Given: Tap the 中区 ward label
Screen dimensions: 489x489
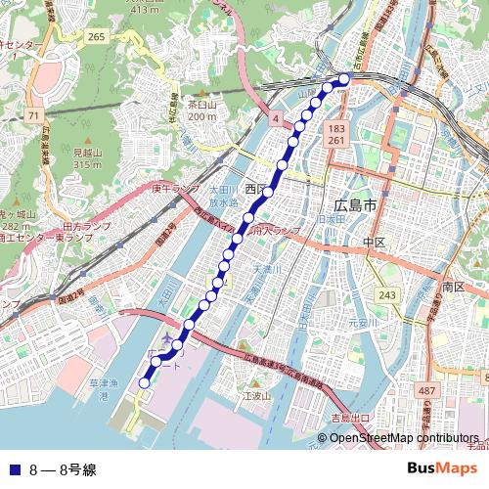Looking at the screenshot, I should [374, 242].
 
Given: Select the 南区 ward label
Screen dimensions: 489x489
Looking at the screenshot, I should [452, 287].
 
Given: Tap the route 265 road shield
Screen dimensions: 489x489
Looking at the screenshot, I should [96, 36].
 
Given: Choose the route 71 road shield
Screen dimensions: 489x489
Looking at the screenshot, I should [34, 115].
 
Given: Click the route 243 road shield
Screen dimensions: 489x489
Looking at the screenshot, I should [388, 294].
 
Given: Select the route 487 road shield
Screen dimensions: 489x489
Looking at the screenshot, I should [426, 391].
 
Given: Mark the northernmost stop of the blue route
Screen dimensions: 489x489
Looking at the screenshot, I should [345, 78].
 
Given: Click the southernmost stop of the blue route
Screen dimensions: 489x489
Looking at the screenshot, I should [145, 383].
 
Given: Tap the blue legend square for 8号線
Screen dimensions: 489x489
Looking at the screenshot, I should [14, 468].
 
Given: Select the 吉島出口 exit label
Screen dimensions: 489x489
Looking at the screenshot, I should [350, 418].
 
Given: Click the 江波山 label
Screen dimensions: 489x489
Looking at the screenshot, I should [255, 396].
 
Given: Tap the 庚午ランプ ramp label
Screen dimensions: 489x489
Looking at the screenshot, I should [175, 188].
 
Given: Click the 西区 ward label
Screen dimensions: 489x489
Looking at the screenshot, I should [256, 188].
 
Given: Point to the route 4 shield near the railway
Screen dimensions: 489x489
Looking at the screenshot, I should [276, 118].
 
